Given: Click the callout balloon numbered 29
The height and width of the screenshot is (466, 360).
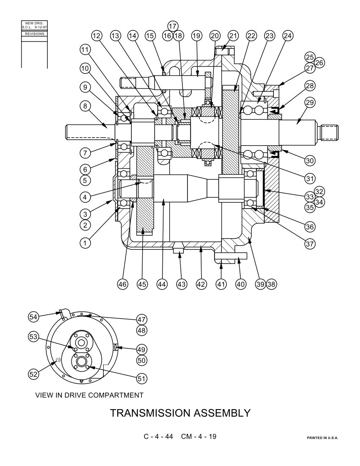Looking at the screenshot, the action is pos(310,102).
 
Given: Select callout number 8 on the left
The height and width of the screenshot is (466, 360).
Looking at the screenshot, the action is pos(85,106).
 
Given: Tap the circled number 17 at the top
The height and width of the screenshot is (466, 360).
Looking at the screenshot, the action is pos(173,26).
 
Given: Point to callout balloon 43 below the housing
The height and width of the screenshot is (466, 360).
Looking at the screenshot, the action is pos(182,284).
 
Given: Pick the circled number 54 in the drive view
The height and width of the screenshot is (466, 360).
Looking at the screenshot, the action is pos(33,317).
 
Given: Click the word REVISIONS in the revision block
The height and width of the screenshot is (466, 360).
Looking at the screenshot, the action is pos(34,34).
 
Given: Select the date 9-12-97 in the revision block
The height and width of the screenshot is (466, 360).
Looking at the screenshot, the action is pos(41,28).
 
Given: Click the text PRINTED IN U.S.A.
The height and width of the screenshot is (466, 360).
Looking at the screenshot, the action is pos(322,438).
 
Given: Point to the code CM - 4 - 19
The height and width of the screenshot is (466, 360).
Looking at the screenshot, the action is pos(199,436).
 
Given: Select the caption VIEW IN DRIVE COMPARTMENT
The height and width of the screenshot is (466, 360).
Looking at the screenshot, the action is pos(89,395).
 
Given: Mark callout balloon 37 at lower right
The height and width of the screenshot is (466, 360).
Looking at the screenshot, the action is pos(310,244).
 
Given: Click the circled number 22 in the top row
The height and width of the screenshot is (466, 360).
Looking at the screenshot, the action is pos(251,35).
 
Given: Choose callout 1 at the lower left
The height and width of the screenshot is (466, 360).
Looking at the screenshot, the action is pos(85,243).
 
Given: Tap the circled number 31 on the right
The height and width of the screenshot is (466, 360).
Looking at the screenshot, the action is pos(310,179).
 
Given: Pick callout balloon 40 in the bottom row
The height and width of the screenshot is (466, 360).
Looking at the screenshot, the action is pos(241,284).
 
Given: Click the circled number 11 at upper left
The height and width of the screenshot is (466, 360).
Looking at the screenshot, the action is pos(85,50).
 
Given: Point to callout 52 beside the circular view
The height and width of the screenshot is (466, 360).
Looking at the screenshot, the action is pos(33,374).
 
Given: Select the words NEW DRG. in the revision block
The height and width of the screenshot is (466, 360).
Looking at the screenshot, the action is pos(34,23).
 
